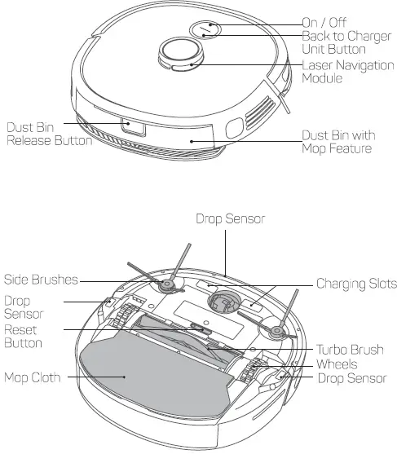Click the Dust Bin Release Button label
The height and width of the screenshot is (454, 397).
click(48, 134)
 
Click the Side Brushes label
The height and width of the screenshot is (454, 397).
click(41, 280)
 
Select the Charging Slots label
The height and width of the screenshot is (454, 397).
click(356, 284)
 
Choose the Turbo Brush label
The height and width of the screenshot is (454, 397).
click(349, 350)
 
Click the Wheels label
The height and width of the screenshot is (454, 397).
click(337, 365)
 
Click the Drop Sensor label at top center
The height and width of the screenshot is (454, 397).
click(230, 219)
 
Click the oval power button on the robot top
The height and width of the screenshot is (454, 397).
click(205, 29)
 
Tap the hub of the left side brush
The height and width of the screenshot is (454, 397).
click(168, 284)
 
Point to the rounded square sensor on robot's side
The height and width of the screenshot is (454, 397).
click(232, 128)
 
